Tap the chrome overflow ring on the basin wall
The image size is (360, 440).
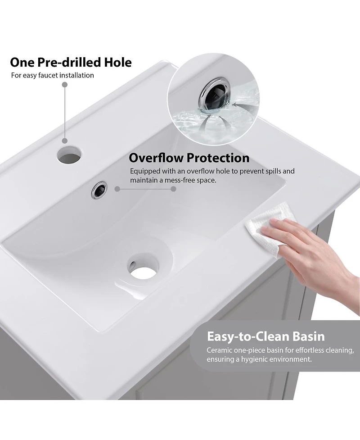[x=99, y=190]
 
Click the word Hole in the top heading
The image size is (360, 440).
[x=118, y=62]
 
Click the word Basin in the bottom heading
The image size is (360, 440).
[x=308, y=336]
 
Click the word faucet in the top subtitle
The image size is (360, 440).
[x=48, y=75]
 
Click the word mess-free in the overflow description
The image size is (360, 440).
[x=179, y=180]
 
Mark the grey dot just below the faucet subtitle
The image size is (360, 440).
[x=65, y=85]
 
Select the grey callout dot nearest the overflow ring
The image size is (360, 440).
[x=117, y=189]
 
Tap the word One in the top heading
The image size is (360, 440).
[x=22, y=62]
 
